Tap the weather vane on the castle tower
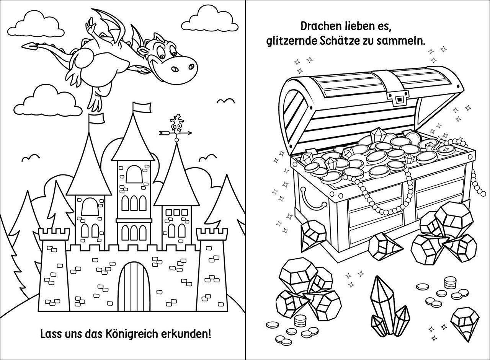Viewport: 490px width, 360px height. coord(176,128)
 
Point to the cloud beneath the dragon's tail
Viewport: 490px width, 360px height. coord(52,100)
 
